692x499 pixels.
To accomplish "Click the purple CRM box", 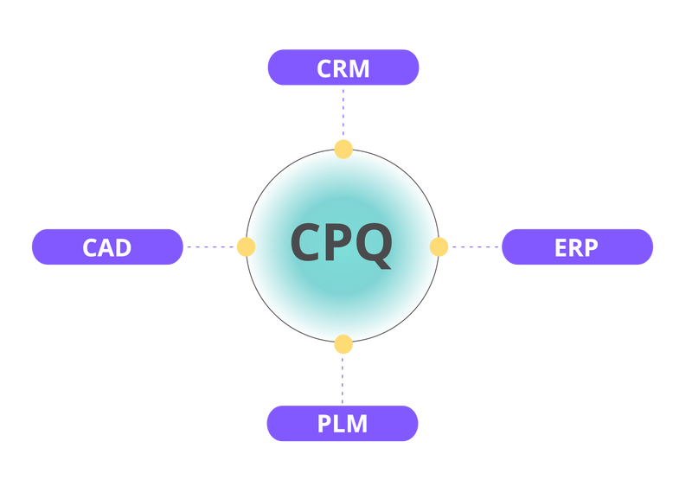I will click(343, 67).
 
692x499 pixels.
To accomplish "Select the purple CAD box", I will click(107, 247).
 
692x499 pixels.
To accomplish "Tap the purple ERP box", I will click(577, 247).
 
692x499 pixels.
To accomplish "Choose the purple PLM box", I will click(343, 424).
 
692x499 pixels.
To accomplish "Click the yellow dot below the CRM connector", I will click(343, 148).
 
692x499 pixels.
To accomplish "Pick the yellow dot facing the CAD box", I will click(245, 247).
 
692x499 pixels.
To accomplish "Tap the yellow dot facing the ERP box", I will click(440, 247).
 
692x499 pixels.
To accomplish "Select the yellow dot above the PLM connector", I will click(343, 346).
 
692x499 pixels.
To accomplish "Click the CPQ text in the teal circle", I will click(342, 243).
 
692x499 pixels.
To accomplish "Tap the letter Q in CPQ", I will click(374, 245).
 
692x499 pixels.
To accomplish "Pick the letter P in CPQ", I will click(339, 243).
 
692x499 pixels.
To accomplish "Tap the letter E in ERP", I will click(561, 248).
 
